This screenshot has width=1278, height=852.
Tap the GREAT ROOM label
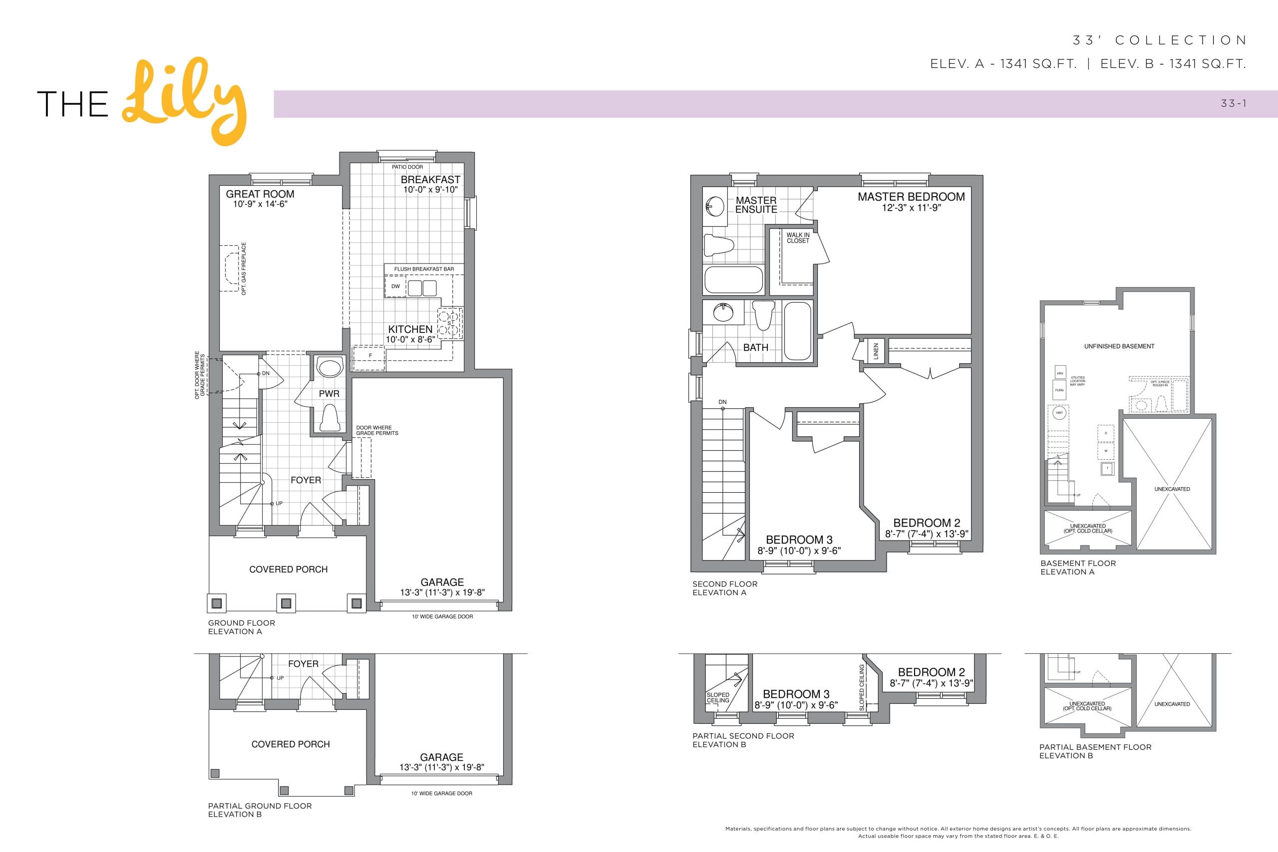260,194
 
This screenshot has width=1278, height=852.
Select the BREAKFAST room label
430,179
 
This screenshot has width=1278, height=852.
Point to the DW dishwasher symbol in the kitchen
395,286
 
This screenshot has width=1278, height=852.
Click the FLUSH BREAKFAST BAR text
424,269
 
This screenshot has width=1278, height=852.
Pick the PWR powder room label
329,393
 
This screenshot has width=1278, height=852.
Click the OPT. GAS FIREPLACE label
244,269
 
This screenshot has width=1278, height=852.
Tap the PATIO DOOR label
407,167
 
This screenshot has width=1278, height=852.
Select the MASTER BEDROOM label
911,197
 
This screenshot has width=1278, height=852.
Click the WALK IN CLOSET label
798,238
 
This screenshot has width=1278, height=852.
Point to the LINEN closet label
875,351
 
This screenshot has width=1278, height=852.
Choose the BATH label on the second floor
755,347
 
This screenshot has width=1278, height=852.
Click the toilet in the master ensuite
718,245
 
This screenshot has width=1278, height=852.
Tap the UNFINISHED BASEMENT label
1119,346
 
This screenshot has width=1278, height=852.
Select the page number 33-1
1234,103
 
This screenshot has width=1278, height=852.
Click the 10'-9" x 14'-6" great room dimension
260,204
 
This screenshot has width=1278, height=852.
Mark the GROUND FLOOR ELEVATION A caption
241,627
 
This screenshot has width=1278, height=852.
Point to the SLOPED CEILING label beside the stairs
718,698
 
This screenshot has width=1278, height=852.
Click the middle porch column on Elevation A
286,603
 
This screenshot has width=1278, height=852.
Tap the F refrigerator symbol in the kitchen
370,356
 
